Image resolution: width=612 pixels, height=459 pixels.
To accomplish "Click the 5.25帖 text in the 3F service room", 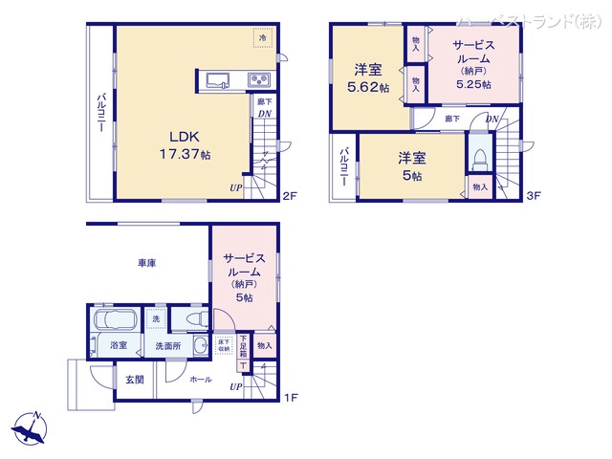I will (473, 85).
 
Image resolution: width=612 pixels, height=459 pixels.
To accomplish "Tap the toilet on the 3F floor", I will (479, 154).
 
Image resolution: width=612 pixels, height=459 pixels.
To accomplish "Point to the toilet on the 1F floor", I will (194, 318).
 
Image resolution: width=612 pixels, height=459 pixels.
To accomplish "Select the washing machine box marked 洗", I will (155, 319).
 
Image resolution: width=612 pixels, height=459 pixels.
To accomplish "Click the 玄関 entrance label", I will (135, 380).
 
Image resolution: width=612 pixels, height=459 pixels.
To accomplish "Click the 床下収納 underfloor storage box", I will (224, 345).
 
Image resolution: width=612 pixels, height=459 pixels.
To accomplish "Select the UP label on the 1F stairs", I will (235, 387).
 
